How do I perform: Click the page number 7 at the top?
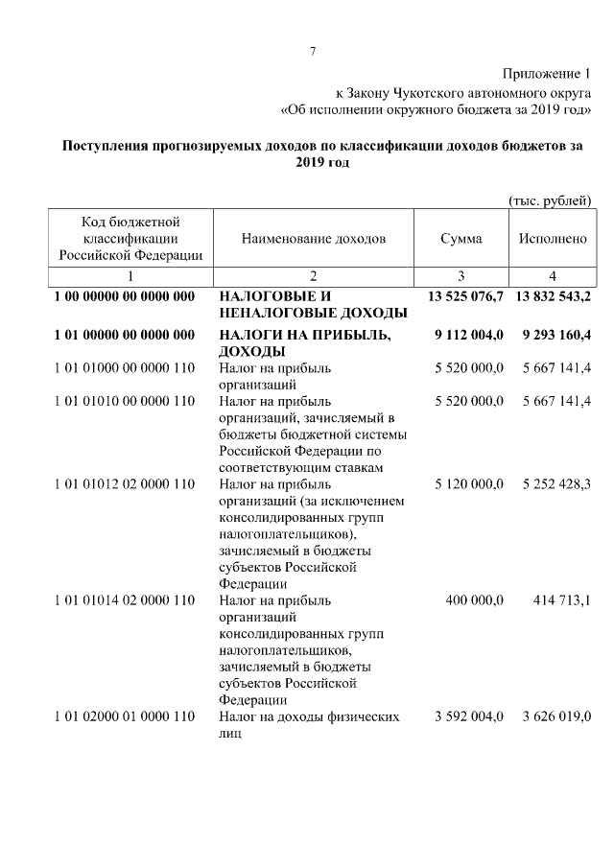pyautogui.click(x=312, y=51)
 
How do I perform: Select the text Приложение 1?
pyautogui.click(x=547, y=75)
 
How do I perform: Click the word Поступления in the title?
pyautogui.click(x=106, y=147)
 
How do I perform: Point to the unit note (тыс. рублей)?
pyautogui.click(x=549, y=199)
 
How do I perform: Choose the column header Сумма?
pyautogui.click(x=460, y=238)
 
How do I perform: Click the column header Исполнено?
pyautogui.click(x=552, y=238)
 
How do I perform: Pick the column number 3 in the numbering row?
pyautogui.click(x=460, y=276)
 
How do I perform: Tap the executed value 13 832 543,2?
pyautogui.click(x=553, y=296)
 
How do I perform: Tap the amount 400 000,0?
pyautogui.click(x=475, y=600)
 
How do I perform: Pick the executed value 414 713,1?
pyautogui.click(x=562, y=600)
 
